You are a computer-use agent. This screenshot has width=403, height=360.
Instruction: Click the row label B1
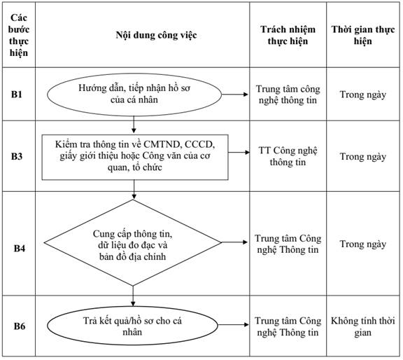pos(17,95)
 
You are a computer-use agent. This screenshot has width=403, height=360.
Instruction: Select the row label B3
pos(17,156)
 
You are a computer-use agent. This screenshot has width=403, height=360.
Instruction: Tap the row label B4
pos(20,249)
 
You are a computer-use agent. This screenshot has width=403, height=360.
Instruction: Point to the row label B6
pos(20,326)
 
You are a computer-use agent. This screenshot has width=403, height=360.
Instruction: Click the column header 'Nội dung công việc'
pos(156,35)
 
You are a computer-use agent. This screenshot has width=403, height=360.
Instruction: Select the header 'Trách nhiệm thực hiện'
pos(288,35)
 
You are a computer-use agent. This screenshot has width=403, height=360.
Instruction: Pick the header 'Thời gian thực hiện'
pos(362,35)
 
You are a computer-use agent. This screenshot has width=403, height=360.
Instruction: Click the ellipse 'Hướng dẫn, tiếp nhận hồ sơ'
pos(134,95)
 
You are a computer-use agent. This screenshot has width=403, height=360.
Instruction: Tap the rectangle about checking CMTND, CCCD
pos(135,157)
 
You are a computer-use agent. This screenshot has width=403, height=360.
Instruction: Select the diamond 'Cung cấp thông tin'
pos(133,242)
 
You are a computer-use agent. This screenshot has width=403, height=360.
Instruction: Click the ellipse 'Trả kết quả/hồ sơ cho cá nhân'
pos(132,326)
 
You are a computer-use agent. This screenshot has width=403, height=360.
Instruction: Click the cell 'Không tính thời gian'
pos(362,326)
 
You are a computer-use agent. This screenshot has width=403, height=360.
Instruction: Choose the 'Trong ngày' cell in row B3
pos(363,156)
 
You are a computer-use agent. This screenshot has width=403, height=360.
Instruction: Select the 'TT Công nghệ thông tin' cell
pos(288,156)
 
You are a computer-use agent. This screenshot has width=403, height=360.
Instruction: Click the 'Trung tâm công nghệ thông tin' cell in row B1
pos(288,95)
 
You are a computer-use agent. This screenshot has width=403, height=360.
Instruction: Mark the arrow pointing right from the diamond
pos(234,242)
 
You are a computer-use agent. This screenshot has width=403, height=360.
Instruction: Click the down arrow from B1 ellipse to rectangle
pos(134,125)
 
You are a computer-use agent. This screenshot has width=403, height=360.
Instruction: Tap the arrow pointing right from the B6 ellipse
pos(234,325)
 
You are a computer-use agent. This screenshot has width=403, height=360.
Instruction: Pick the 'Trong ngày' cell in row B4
pos(363,244)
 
